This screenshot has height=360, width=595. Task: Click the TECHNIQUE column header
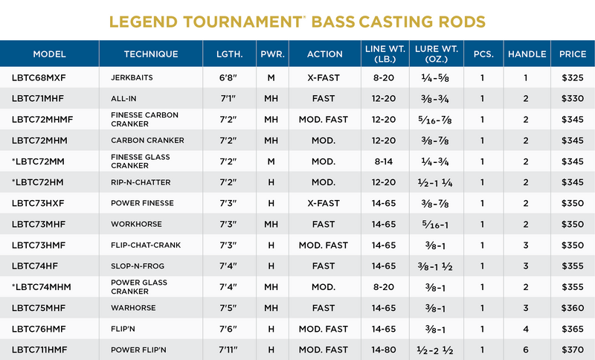click(151, 54)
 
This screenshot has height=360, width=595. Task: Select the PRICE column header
click(573, 54)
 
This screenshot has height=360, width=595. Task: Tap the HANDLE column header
click(527, 54)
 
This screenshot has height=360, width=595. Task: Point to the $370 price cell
click(573, 350)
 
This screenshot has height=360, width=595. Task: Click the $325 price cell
click(573, 77)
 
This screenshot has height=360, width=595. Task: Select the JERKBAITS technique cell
click(134, 77)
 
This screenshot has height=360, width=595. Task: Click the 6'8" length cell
click(230, 77)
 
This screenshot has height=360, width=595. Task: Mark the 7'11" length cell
click(230, 350)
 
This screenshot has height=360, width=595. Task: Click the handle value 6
click(525, 350)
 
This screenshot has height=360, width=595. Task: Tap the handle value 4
click(525, 329)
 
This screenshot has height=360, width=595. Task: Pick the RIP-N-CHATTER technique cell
click(141, 182)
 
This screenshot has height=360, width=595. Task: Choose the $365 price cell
click(573, 329)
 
